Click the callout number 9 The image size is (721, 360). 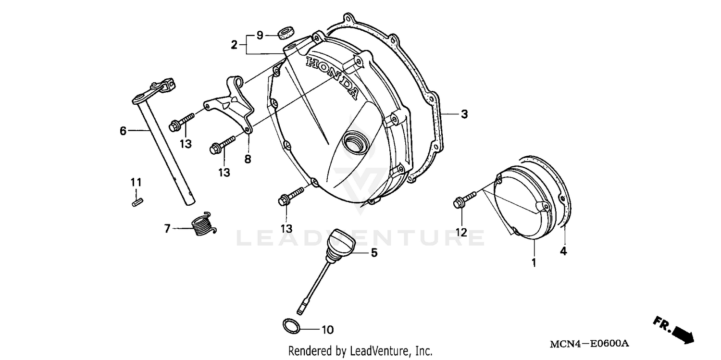(260, 35)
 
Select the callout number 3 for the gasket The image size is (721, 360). (464, 114)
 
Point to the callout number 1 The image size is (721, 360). (534, 262)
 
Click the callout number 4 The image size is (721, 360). (563, 251)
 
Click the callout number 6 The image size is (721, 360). (123, 130)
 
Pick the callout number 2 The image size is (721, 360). (234, 45)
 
